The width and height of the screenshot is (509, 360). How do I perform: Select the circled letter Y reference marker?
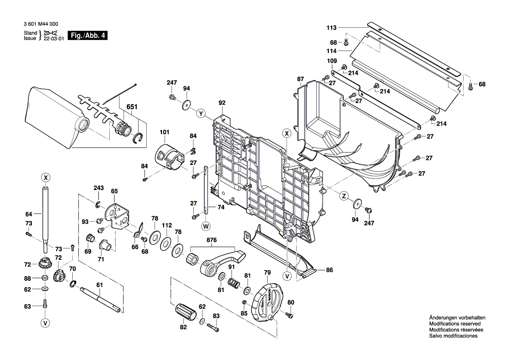[x=201, y=113]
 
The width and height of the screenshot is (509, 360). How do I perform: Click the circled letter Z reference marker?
[x=344, y=196]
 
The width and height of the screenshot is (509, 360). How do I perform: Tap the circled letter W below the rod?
[x=206, y=226]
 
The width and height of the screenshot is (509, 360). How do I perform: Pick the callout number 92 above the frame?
[x=222, y=103]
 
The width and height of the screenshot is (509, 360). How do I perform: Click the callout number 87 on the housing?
[x=300, y=78]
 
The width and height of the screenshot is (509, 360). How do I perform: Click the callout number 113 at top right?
[x=332, y=28]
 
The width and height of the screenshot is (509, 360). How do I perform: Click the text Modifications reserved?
[x=455, y=324]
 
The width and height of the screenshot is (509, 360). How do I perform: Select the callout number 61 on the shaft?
[x=100, y=285]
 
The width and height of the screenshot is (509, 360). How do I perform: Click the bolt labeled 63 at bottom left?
[x=45, y=305]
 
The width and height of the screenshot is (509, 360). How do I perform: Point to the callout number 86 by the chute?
[x=329, y=270]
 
